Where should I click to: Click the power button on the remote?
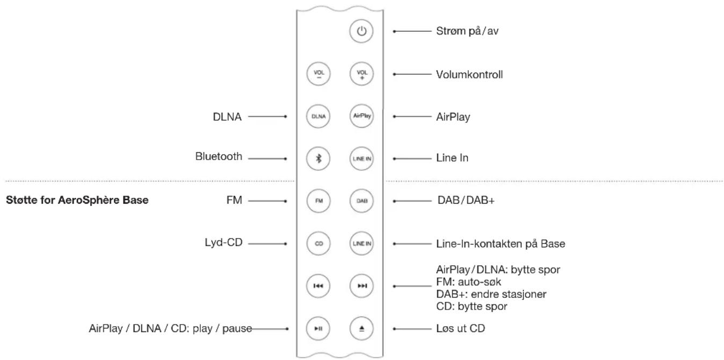(x=361, y=32)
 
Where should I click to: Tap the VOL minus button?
(x=318, y=74)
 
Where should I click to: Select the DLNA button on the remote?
(x=318, y=116)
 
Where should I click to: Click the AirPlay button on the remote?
(x=361, y=116)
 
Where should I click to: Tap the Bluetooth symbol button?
(x=318, y=159)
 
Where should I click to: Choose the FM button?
(x=318, y=200)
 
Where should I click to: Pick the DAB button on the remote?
(x=361, y=200)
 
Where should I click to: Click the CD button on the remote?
(x=318, y=243)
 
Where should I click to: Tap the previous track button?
(x=318, y=285)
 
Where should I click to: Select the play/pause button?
(x=318, y=328)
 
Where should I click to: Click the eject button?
(x=361, y=328)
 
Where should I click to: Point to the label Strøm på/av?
(x=469, y=31)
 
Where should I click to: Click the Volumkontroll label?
(x=469, y=74)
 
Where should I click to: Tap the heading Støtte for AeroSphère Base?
(x=77, y=200)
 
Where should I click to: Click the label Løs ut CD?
(x=461, y=327)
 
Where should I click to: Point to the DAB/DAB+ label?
(x=465, y=200)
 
